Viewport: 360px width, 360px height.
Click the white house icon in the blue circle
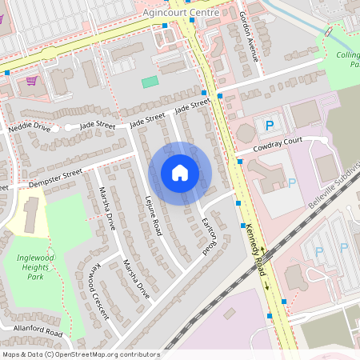[180, 173]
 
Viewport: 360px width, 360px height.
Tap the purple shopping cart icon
[31, 80]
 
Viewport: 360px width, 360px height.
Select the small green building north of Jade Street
[150, 82]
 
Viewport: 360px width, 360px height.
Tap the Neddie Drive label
[29, 127]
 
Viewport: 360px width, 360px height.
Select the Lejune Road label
[154, 216]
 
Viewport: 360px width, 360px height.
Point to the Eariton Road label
[210, 237]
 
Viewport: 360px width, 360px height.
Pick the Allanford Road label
[37, 330]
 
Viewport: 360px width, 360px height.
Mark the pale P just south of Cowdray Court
[292, 183]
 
